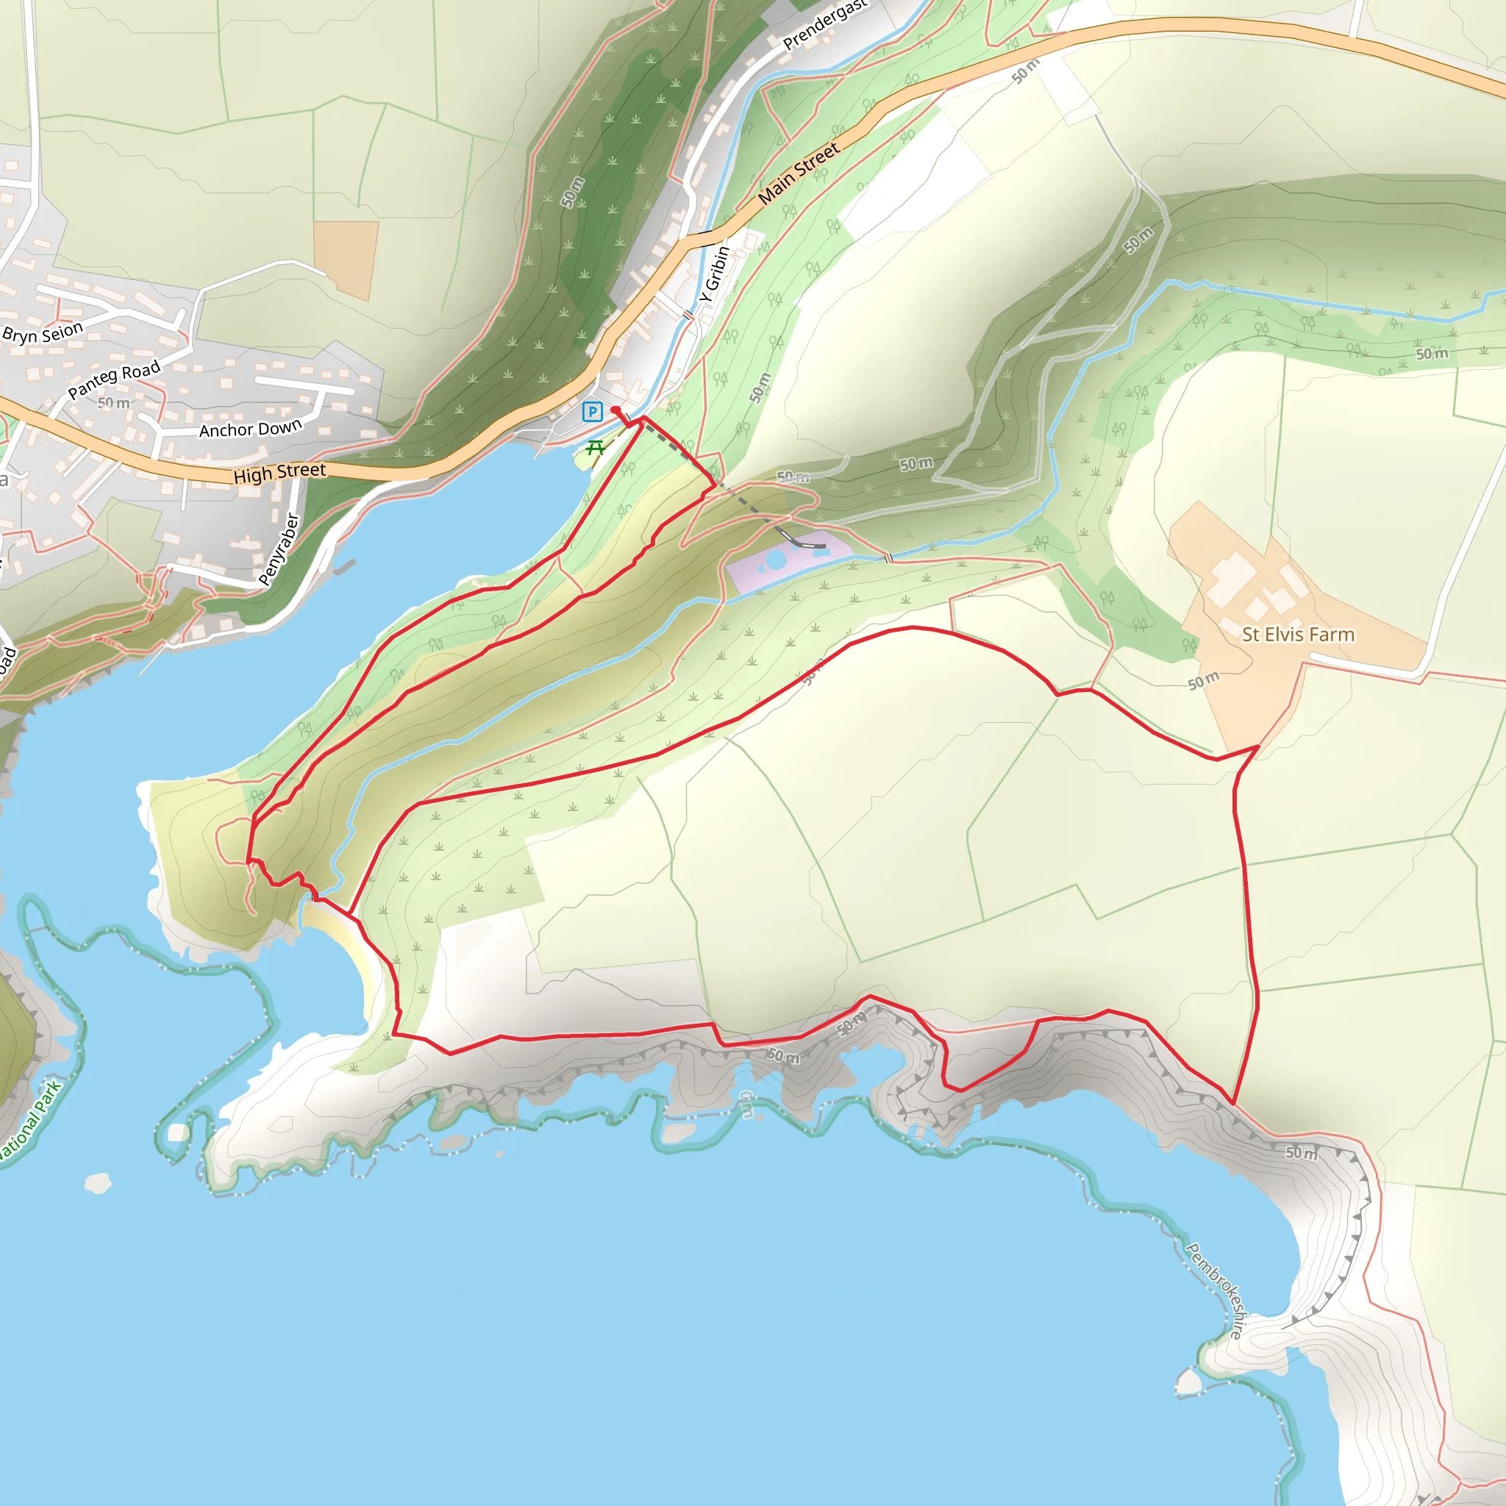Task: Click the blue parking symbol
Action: coord(593,412)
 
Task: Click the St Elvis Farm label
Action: coord(1298,635)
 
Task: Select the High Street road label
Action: coord(279,472)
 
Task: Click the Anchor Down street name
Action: coord(250,429)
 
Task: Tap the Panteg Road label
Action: coord(114,379)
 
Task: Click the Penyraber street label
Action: coord(278,549)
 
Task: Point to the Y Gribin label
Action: coord(714,274)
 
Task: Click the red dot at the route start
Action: coord(615,410)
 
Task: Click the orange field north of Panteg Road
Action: coord(346,259)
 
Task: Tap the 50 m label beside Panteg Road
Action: coord(114,403)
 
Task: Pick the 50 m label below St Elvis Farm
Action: coord(1204,680)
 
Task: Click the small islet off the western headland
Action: coord(99,1183)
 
